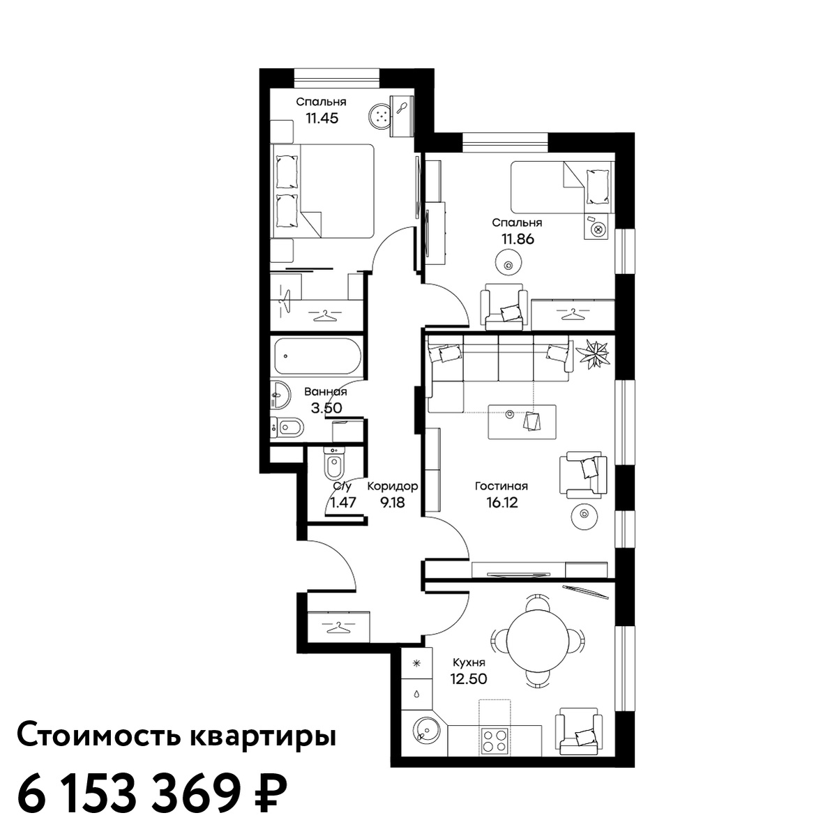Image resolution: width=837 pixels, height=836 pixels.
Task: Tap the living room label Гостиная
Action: (x=502, y=487)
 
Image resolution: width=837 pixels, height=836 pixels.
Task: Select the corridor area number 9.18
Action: (x=392, y=503)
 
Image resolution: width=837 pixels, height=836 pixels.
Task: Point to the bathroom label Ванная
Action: (x=325, y=392)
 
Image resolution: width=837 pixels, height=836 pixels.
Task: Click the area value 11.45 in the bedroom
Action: (x=322, y=118)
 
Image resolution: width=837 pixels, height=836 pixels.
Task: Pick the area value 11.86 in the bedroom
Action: (x=518, y=239)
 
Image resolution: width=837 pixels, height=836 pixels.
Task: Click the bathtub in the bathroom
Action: (x=317, y=357)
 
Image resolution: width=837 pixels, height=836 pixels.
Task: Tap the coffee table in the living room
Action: (x=522, y=422)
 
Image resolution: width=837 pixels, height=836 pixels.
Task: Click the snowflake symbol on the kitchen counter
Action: (x=416, y=663)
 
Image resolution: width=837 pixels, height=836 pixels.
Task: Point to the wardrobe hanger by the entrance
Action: (x=339, y=627)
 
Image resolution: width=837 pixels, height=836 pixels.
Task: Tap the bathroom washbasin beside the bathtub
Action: (x=280, y=395)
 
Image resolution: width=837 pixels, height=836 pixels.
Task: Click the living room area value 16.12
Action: (x=502, y=503)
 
